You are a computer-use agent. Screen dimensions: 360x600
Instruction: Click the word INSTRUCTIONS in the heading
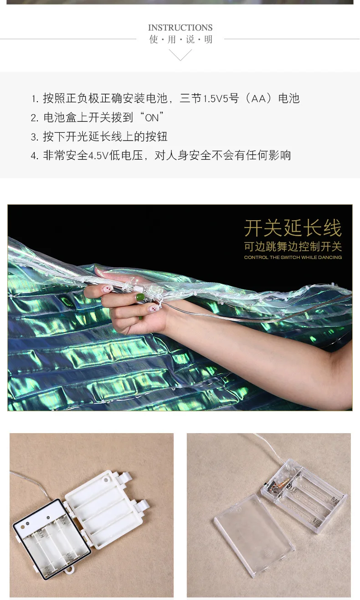180,28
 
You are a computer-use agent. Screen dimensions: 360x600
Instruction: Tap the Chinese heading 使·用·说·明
180,40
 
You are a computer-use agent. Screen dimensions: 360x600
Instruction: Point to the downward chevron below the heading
180,55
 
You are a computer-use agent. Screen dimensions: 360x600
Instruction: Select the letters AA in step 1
258,99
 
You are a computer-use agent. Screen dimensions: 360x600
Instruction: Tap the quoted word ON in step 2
152,118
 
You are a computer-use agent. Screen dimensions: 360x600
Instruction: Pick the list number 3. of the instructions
35,137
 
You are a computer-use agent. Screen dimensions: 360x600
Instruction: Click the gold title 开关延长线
293,228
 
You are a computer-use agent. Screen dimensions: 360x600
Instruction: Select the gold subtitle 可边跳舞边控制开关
293,247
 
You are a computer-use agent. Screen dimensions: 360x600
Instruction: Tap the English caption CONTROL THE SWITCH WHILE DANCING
293,258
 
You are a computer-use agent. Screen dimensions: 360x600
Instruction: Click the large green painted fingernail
140,297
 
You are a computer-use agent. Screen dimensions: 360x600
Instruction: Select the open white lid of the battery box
107,509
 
